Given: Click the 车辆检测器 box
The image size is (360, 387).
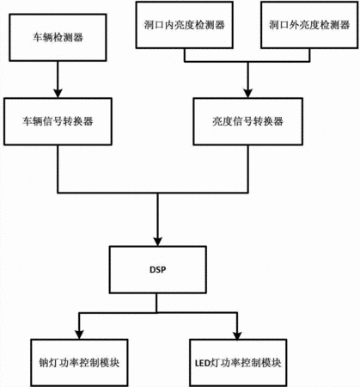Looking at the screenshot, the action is (x=58, y=38).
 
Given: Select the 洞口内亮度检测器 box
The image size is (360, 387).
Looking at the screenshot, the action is (x=184, y=25).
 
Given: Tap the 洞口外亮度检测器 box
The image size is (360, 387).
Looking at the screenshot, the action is (x=309, y=25).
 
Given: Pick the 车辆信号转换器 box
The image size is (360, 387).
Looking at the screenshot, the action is (x=58, y=121).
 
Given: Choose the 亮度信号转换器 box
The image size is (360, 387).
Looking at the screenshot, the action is (x=247, y=121).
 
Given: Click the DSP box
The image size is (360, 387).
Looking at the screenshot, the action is (x=158, y=270).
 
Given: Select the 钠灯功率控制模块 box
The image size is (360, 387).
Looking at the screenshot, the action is (x=79, y=363).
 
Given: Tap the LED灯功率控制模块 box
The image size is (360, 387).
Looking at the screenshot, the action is (x=238, y=363).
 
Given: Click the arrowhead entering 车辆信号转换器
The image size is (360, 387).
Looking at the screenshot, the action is (x=58, y=94).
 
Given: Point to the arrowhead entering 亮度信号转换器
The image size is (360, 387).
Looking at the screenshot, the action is (x=247, y=94).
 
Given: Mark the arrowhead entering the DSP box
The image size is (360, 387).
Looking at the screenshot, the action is (x=158, y=242).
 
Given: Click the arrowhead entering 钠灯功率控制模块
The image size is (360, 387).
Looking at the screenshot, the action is (x=79, y=335).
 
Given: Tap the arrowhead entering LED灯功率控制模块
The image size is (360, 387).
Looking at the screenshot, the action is (x=237, y=335).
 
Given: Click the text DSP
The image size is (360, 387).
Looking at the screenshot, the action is (x=158, y=270).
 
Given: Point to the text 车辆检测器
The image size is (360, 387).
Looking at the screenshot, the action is (x=58, y=38).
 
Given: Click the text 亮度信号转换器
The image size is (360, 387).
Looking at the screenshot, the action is (x=247, y=121).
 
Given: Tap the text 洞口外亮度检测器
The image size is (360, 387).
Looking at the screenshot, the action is (x=309, y=25).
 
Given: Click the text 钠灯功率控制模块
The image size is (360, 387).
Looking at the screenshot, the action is (x=79, y=363).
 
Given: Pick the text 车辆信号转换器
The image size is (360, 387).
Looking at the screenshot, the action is (x=58, y=121).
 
